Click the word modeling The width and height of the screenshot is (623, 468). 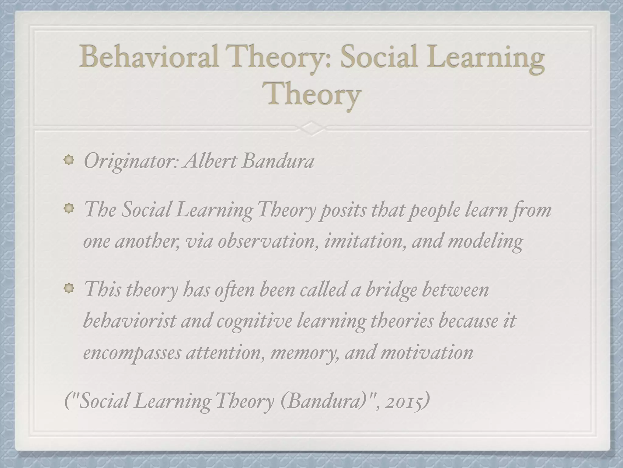[485, 242]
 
